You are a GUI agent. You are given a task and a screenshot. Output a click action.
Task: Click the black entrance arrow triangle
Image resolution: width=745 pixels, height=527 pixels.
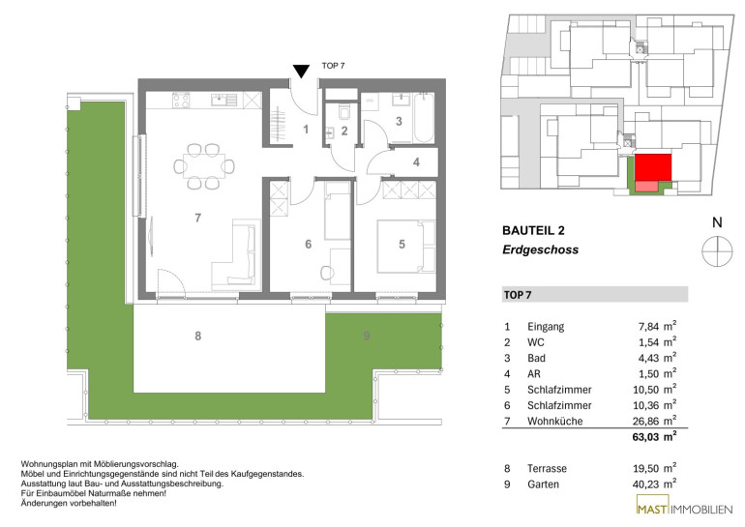click(x=301, y=72)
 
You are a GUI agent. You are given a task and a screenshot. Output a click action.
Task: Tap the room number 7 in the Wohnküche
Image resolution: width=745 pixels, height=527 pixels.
click(x=198, y=218)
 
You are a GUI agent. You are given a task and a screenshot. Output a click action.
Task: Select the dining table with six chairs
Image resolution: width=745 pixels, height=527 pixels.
click(x=204, y=166)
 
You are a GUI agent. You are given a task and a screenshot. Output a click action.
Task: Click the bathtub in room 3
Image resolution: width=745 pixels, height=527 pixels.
click(x=423, y=118)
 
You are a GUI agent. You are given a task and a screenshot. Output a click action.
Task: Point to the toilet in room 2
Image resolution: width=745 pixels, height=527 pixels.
click(x=343, y=113)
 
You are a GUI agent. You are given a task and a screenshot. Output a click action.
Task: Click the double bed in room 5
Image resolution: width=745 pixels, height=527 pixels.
click(x=406, y=247)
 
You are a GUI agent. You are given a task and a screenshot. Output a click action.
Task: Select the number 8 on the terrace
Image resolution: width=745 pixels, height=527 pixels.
click(x=198, y=337)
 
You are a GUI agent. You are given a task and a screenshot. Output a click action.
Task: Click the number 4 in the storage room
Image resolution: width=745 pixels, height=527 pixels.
click(x=416, y=162)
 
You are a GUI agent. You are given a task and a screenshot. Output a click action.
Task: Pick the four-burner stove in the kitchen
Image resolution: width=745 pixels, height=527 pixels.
click(x=181, y=101)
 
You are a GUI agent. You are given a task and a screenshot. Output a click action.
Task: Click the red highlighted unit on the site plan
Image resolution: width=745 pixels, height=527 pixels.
click(x=653, y=167)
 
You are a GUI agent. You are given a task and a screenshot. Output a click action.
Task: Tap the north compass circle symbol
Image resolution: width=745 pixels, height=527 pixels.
click(x=717, y=251)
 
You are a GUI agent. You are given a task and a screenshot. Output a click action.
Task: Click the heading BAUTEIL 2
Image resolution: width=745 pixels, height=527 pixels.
click(x=533, y=231)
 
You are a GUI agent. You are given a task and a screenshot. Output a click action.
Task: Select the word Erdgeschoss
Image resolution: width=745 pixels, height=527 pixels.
click(x=540, y=249)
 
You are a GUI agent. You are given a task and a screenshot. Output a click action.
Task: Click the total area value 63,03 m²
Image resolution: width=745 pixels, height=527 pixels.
click(x=654, y=436)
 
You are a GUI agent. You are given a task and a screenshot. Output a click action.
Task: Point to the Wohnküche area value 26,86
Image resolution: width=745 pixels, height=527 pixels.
click(x=646, y=422)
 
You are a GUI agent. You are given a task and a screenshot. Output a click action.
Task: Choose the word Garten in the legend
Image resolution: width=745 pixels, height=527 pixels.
click(x=543, y=484)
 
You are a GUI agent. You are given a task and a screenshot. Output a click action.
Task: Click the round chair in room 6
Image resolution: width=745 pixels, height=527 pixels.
click(x=327, y=273)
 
